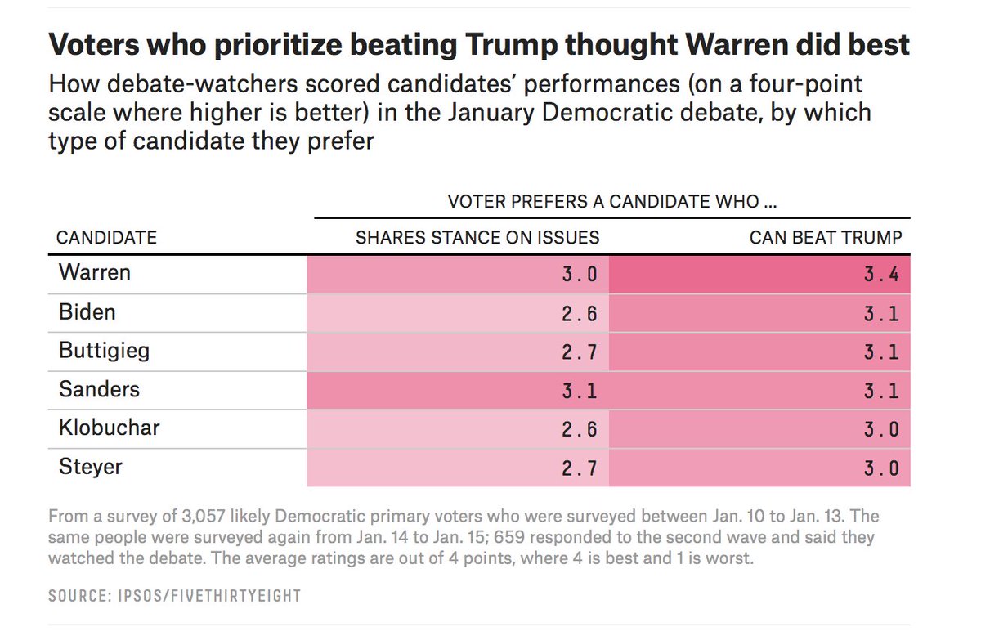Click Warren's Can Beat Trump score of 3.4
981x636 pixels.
[881, 275]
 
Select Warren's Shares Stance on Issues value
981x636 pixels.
[580, 275]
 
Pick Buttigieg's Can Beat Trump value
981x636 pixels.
[881, 353]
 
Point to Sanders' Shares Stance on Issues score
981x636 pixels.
[580, 392]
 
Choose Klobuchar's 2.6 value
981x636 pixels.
[580, 430]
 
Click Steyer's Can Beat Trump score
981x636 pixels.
[881, 469]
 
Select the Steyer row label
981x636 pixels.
[90, 467]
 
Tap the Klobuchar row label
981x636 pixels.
[109, 428]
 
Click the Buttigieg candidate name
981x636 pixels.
[105, 352]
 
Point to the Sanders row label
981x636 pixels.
[99, 389]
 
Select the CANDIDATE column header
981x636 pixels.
[106, 238]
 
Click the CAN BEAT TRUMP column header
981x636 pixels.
[826, 238]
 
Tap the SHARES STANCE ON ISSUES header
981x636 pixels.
[477, 238]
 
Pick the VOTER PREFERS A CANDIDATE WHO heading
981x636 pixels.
[611, 201]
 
